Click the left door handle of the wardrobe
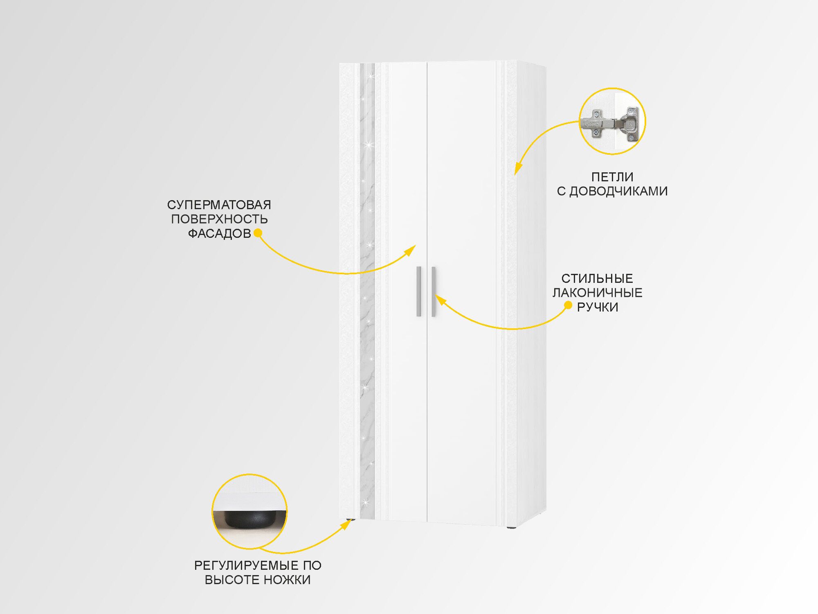(419, 291)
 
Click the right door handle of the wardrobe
(434, 291)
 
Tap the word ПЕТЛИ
(612, 177)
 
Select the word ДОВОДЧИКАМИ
(618, 191)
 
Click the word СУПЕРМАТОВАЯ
(219, 205)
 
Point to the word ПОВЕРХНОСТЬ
(219, 219)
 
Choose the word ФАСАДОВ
(220, 233)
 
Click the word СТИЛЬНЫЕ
(597, 278)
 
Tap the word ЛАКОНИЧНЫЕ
(597, 293)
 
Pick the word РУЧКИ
(597, 307)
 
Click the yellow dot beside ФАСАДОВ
(258, 233)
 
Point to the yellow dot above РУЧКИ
(568, 305)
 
